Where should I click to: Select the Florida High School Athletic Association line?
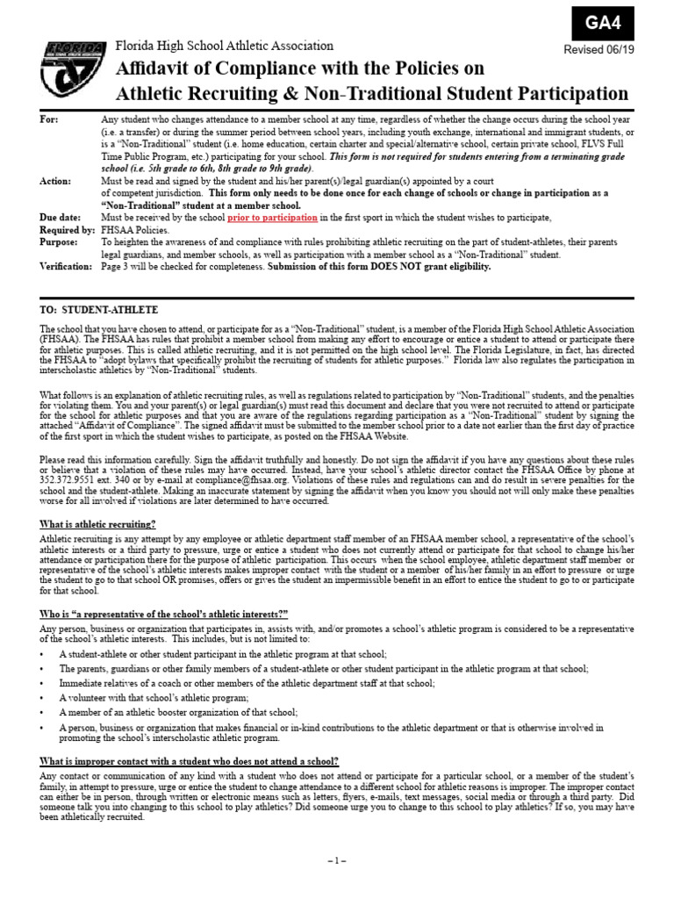[x=225, y=46]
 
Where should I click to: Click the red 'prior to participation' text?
[x=272, y=217]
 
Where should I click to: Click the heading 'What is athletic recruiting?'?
[x=98, y=523]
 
